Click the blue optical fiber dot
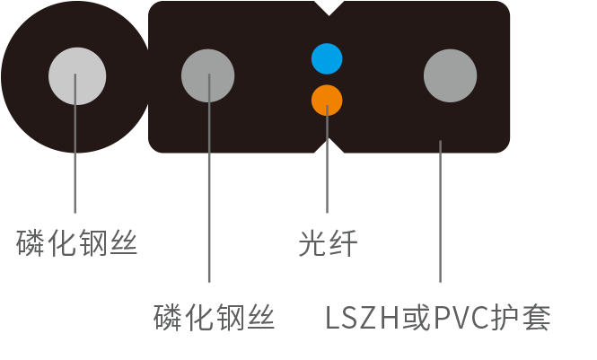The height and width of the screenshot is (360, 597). pyautogui.click(x=327, y=59)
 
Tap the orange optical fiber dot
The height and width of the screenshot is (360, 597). pyautogui.click(x=327, y=101)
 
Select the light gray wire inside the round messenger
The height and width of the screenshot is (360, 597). pyautogui.click(x=77, y=76)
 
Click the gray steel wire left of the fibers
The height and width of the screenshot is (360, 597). pyautogui.click(x=208, y=76)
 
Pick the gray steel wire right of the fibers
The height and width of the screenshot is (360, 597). pyautogui.click(x=450, y=75)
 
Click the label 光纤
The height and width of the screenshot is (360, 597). pyautogui.click(x=328, y=242)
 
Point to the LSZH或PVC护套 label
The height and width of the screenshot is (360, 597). pyautogui.click(x=437, y=318)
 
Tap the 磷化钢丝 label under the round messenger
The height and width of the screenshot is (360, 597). pyautogui.click(x=77, y=242)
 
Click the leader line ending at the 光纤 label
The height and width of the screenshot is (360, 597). pyautogui.click(x=328, y=171)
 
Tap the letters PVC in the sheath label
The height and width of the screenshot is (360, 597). pyautogui.click(x=463, y=318)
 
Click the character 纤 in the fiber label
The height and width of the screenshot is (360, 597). pyautogui.click(x=343, y=242)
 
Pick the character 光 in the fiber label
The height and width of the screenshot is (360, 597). pyautogui.click(x=312, y=242)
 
